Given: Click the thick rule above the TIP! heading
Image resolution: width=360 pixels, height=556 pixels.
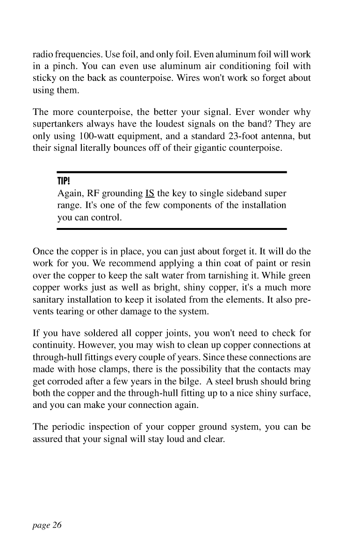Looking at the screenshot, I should click(x=171, y=172).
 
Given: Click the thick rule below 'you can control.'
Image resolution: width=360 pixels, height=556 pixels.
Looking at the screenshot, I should click(x=171, y=229).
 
